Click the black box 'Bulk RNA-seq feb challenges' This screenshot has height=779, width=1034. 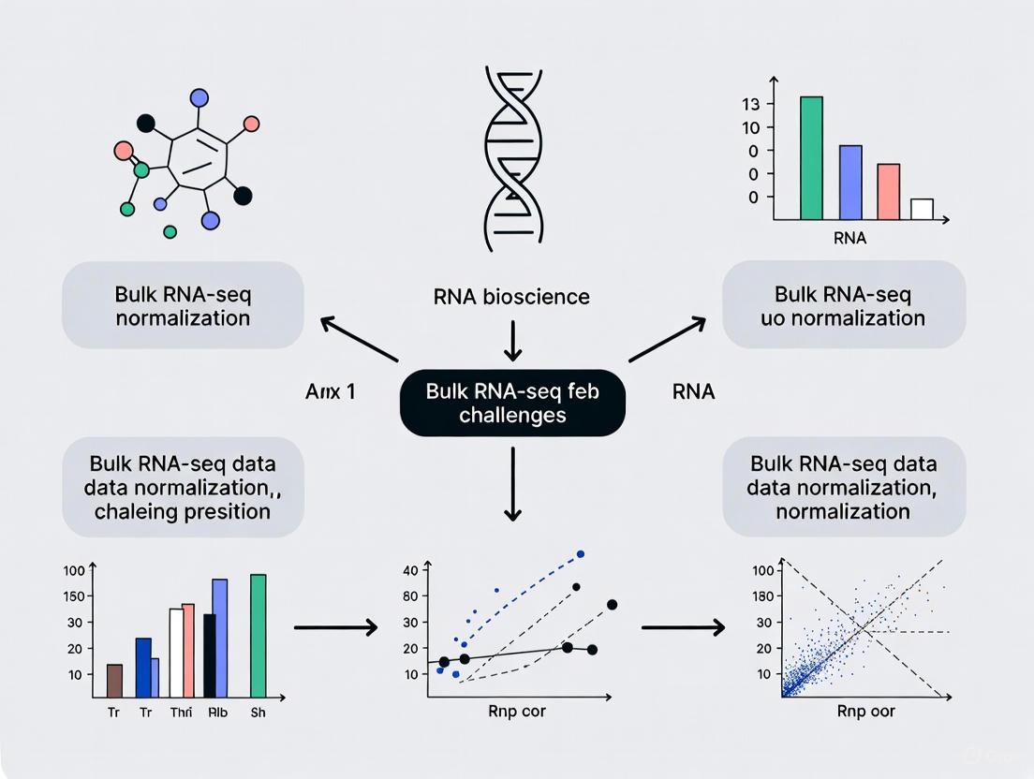(511, 402)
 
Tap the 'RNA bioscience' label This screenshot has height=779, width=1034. (511, 297)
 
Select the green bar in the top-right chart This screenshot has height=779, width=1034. (810, 157)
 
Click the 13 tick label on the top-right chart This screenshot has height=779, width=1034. (750, 103)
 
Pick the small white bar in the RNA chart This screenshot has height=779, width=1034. (922, 209)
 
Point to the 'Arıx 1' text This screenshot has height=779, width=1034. (330, 392)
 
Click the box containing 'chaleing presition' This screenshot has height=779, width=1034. (183, 487)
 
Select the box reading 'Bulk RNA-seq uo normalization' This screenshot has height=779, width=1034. (844, 305)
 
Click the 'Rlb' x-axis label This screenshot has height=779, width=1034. (217, 713)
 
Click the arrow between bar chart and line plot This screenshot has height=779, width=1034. (335, 626)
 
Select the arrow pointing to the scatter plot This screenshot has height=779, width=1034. (683, 626)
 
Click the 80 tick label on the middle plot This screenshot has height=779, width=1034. (409, 595)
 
